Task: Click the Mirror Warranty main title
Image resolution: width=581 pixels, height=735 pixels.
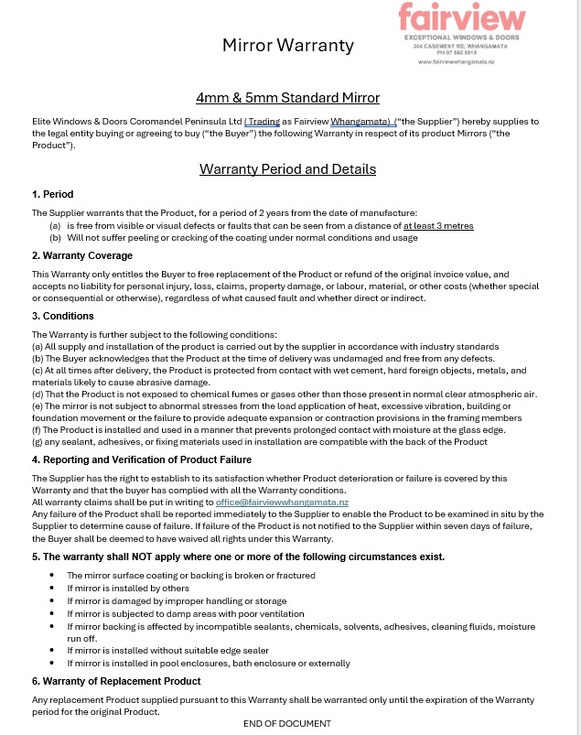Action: click(x=288, y=45)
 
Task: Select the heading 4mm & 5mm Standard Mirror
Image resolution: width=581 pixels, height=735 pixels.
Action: click(x=287, y=98)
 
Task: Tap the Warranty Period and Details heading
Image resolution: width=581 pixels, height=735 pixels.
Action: click(x=287, y=168)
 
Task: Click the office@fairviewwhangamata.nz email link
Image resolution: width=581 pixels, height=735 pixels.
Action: click(x=282, y=503)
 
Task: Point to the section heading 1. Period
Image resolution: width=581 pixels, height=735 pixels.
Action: click(x=52, y=194)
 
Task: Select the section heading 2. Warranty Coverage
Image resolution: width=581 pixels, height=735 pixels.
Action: click(x=82, y=255)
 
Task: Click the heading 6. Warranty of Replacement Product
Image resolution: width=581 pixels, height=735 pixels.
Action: click(x=116, y=681)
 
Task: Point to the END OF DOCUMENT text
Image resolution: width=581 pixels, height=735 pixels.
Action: click(x=287, y=723)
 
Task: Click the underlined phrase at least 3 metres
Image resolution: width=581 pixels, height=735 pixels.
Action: click(x=438, y=225)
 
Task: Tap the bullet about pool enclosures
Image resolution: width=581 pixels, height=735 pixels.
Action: click(x=209, y=663)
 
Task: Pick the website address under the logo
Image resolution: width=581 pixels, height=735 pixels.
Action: click(x=456, y=61)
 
